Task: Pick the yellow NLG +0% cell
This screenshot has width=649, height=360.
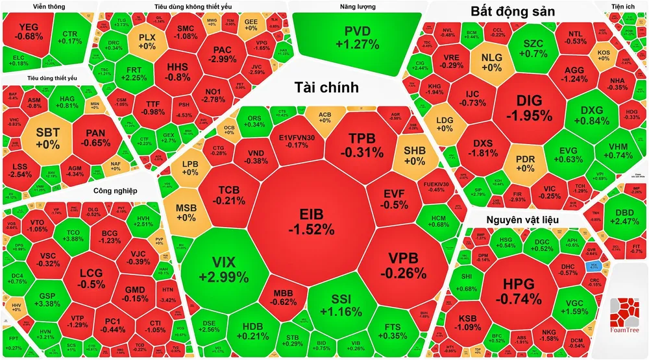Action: [x=491, y=62]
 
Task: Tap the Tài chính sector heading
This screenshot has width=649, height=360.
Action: [x=327, y=88]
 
